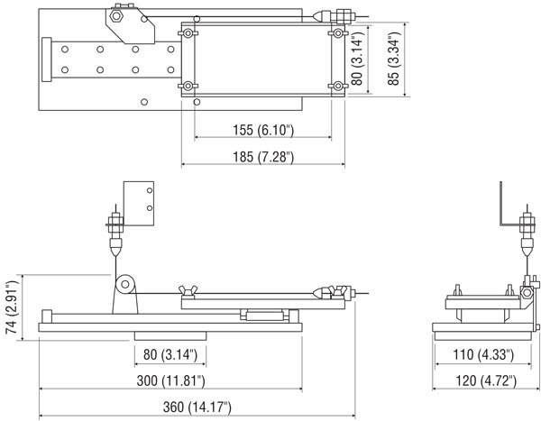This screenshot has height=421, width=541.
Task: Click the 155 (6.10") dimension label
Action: click(263, 131)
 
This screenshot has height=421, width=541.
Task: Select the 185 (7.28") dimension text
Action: click(263, 157)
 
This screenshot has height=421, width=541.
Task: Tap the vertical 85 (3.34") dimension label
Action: click(393, 59)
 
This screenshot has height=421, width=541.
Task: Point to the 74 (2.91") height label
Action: click(12, 307)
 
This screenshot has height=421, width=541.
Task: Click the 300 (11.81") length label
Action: click(170, 381)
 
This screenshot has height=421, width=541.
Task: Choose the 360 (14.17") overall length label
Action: click(197, 407)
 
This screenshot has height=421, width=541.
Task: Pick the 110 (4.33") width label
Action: click(483, 354)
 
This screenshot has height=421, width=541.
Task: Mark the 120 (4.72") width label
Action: click(486, 381)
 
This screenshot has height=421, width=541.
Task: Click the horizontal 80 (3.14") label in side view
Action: click(170, 354)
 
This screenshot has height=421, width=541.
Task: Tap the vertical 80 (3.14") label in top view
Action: click(357, 59)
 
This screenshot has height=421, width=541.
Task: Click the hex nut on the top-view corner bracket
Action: click(116, 16)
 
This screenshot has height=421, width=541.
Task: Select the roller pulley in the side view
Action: click(125, 284)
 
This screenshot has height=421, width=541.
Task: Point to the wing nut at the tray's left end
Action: click(188, 290)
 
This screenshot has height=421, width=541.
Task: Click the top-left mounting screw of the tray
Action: click(188, 33)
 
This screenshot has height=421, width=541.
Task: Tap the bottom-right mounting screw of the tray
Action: click(338, 86)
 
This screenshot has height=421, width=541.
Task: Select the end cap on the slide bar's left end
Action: click(47, 59)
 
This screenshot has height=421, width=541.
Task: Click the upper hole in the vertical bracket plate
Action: click(150, 190)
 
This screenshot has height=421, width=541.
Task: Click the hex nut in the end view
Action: click(527, 293)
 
